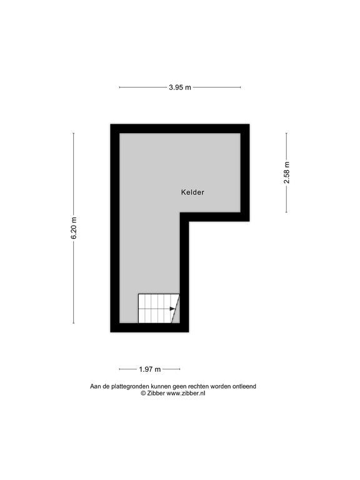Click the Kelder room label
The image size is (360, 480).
pyautogui.click(x=192, y=192)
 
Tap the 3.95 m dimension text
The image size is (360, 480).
pyautogui.click(x=180, y=87)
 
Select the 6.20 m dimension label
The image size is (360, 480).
pyautogui.click(x=74, y=228)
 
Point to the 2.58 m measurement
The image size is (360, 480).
pyautogui.click(x=286, y=172)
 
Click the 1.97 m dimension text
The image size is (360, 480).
pyautogui.click(x=150, y=369)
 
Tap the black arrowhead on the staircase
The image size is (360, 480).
pyautogui.click(x=172, y=309)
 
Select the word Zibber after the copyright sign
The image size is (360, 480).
pyautogui.click(x=156, y=393)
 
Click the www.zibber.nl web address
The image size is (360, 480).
pyautogui.click(x=186, y=393)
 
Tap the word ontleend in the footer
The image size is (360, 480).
pyautogui.click(x=244, y=386)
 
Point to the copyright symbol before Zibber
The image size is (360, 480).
pyautogui.click(x=143, y=393)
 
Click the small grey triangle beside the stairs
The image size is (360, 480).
pyautogui.click(x=177, y=314)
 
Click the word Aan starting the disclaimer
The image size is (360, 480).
pyautogui.click(x=95, y=386)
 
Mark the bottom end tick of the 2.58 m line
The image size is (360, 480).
pyautogui.click(x=286, y=212)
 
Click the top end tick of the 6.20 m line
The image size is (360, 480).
pyautogui.click(x=74, y=133)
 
